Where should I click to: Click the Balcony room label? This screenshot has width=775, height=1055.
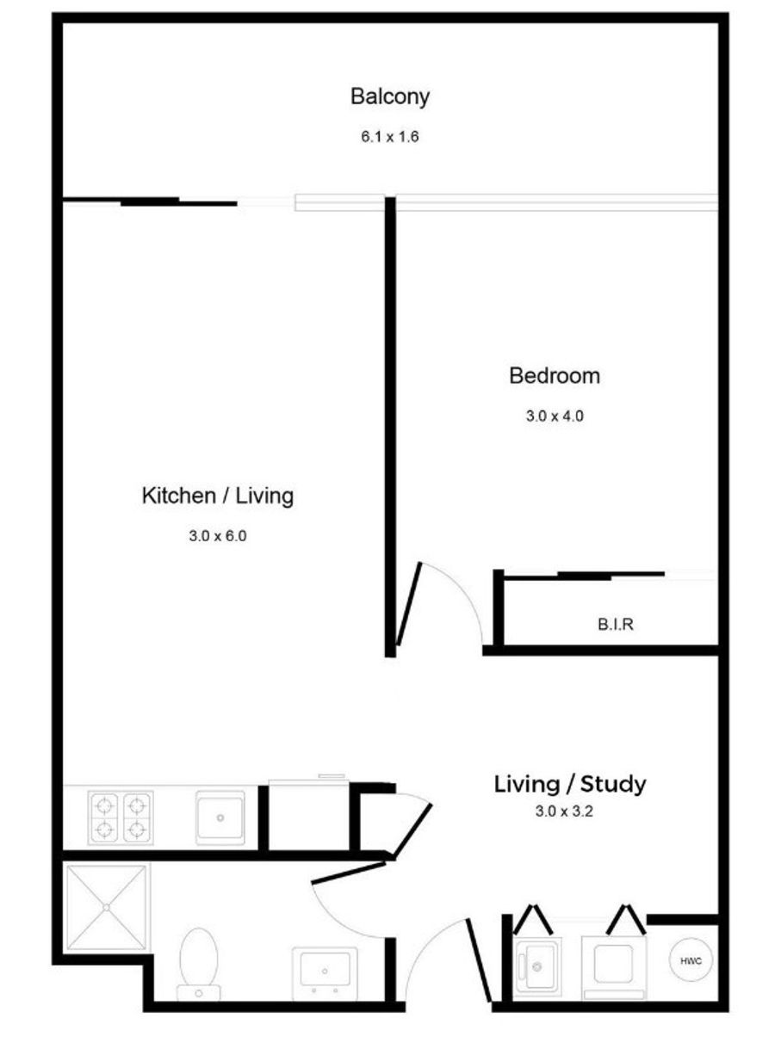pyautogui.click(x=390, y=97)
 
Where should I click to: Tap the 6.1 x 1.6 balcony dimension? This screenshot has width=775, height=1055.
pyautogui.click(x=390, y=137)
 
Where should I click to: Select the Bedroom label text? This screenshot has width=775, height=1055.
pyautogui.click(x=555, y=376)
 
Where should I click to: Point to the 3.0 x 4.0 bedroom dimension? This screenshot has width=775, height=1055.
pyautogui.click(x=555, y=416)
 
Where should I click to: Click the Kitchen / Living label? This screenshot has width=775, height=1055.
pyautogui.click(x=218, y=496)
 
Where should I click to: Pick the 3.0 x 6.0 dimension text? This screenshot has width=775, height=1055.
pyautogui.click(x=218, y=535)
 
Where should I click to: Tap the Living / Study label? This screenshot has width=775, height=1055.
pyautogui.click(x=569, y=784)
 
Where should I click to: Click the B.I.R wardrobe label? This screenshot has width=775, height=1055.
pyautogui.click(x=616, y=625)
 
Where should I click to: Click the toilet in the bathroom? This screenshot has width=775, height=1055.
pyautogui.click(x=198, y=963)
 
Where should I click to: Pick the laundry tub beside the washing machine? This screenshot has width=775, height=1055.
pyautogui.click(x=537, y=966)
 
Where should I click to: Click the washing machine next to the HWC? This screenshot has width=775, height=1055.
pyautogui.click(x=614, y=966)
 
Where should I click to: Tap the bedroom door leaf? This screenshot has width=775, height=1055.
pyautogui.click(x=409, y=604)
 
